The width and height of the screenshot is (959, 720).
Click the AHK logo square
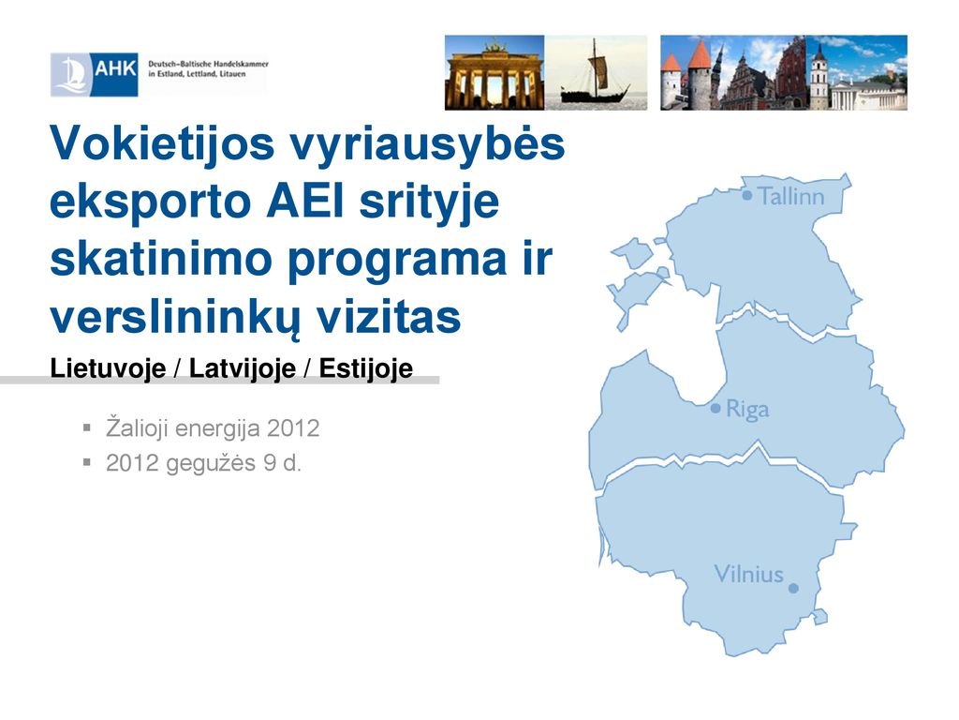coord(95,74)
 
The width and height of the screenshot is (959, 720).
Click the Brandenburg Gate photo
coord(494,72)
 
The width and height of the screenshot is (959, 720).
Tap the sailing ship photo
coord(596,72)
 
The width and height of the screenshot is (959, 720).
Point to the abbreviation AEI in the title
coord(305,202)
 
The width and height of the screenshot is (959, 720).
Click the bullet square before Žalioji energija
coord(87,427)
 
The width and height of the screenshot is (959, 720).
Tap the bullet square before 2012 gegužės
coord(87,462)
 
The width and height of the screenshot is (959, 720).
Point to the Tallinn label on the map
coord(791,197)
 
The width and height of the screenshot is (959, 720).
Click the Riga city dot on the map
coord(716,408)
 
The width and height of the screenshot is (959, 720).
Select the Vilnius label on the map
coord(748,575)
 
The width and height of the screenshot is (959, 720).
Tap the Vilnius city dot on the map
coord(793,589)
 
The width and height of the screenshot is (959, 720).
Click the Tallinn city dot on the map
coord(746,195)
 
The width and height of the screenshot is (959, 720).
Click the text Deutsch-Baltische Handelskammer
coord(208,64)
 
